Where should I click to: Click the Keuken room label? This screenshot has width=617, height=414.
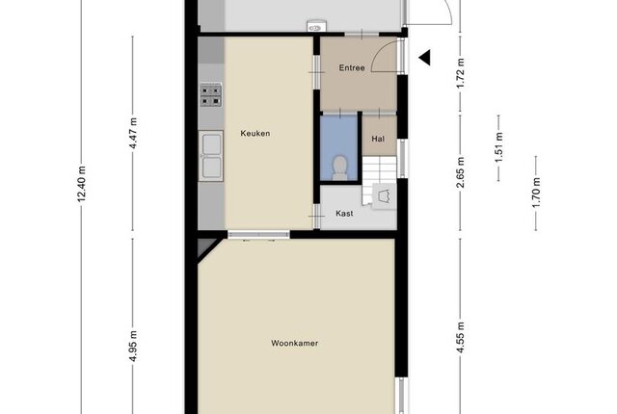pos(255,134)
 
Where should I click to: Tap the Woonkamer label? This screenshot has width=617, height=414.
pos(294,344)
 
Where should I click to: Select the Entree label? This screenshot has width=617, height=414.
pos(352,68)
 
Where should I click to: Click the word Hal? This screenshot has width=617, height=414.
pos(378,139)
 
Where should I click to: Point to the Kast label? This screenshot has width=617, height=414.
pos(344,214)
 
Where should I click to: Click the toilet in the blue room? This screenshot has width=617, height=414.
pos(339,168)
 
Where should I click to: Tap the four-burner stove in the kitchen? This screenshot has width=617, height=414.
pos(211,95)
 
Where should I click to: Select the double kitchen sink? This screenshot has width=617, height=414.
pos(211,156)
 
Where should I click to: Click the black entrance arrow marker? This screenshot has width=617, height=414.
pos(424,58)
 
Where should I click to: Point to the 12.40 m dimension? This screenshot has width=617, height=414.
pos(81,184)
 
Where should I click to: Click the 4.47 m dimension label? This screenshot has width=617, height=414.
pos(133,133)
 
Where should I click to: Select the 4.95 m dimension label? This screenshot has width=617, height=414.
pos(133,346)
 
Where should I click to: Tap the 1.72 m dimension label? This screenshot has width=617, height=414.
pos(461,73)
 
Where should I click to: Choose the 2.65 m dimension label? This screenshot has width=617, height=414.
pos(461,172)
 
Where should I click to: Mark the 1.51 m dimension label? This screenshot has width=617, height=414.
pos(498,147)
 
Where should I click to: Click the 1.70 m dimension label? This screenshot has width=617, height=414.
pos(536,193)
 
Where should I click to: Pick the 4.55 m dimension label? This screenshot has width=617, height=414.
pos(461,337)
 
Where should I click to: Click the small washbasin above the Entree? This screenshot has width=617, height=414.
pos(316,26)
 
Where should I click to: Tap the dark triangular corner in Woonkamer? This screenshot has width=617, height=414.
pos(205,247)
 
